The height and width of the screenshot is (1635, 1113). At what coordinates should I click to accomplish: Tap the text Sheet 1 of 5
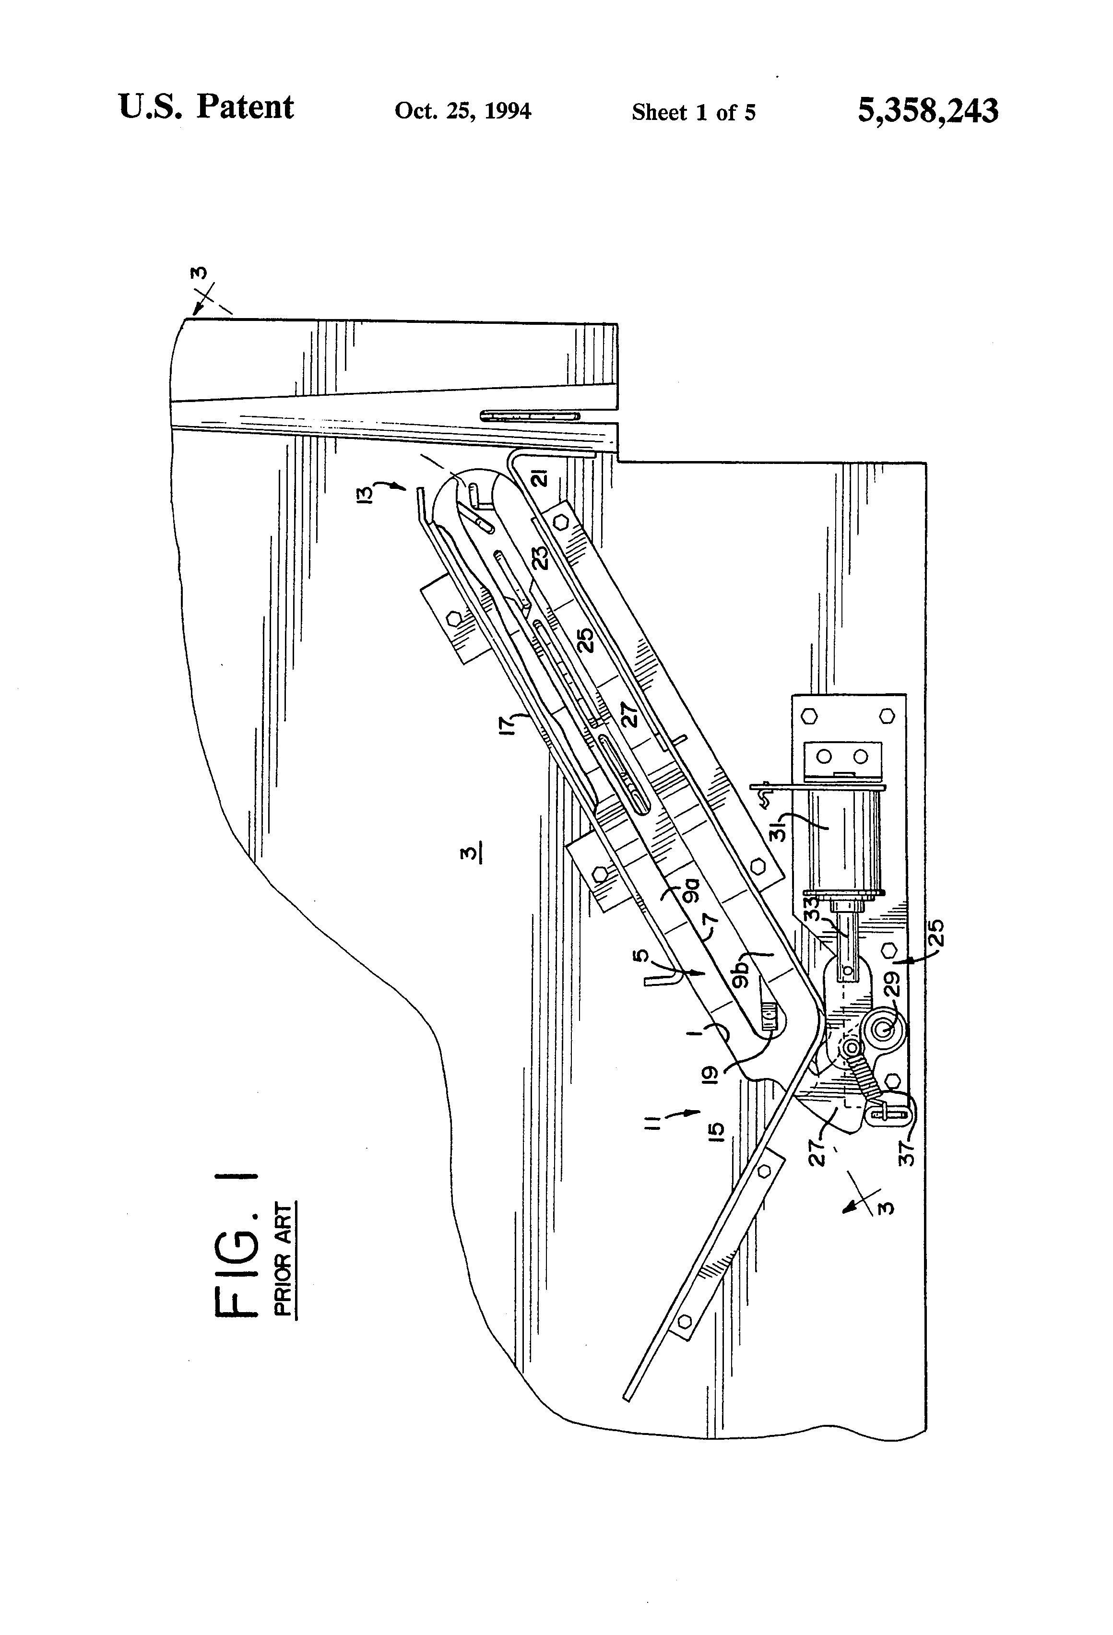click(693, 113)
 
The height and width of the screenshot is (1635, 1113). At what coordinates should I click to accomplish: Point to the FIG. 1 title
click(234, 1244)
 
